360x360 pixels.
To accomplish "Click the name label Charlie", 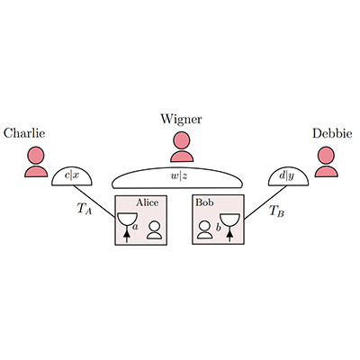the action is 24,133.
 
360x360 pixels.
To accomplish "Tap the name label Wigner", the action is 181,120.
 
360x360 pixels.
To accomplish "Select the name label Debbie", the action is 332,133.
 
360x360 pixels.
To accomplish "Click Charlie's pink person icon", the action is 36,161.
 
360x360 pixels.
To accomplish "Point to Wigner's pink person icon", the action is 182,147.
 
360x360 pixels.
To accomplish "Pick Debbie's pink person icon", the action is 327,161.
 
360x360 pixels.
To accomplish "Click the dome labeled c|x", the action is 72,176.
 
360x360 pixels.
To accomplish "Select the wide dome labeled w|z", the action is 177,178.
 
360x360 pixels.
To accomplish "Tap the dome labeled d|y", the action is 288,176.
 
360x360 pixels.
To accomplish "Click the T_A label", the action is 85,209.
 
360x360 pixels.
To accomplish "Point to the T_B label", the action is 276,211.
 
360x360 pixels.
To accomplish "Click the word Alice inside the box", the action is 147,202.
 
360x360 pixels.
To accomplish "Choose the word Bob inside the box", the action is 204,202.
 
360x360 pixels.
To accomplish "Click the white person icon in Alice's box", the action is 155,230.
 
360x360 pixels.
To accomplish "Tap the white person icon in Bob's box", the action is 205,229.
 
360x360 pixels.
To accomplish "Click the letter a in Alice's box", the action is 135,227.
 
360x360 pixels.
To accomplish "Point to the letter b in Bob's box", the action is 219,227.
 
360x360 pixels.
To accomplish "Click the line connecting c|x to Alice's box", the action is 94,202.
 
